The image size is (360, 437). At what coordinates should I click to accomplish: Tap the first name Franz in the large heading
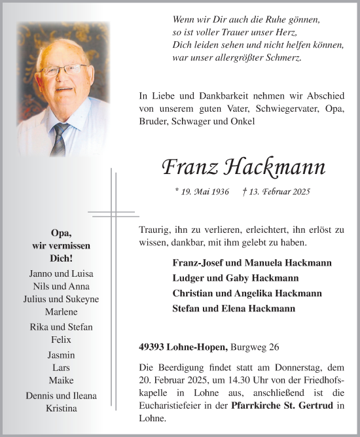click(x=189, y=168)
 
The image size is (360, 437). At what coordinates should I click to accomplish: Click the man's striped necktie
click(x=61, y=137)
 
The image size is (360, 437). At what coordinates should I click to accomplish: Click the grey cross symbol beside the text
click(x=112, y=213)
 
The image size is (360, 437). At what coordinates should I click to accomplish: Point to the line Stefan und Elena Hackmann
click(x=234, y=308)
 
